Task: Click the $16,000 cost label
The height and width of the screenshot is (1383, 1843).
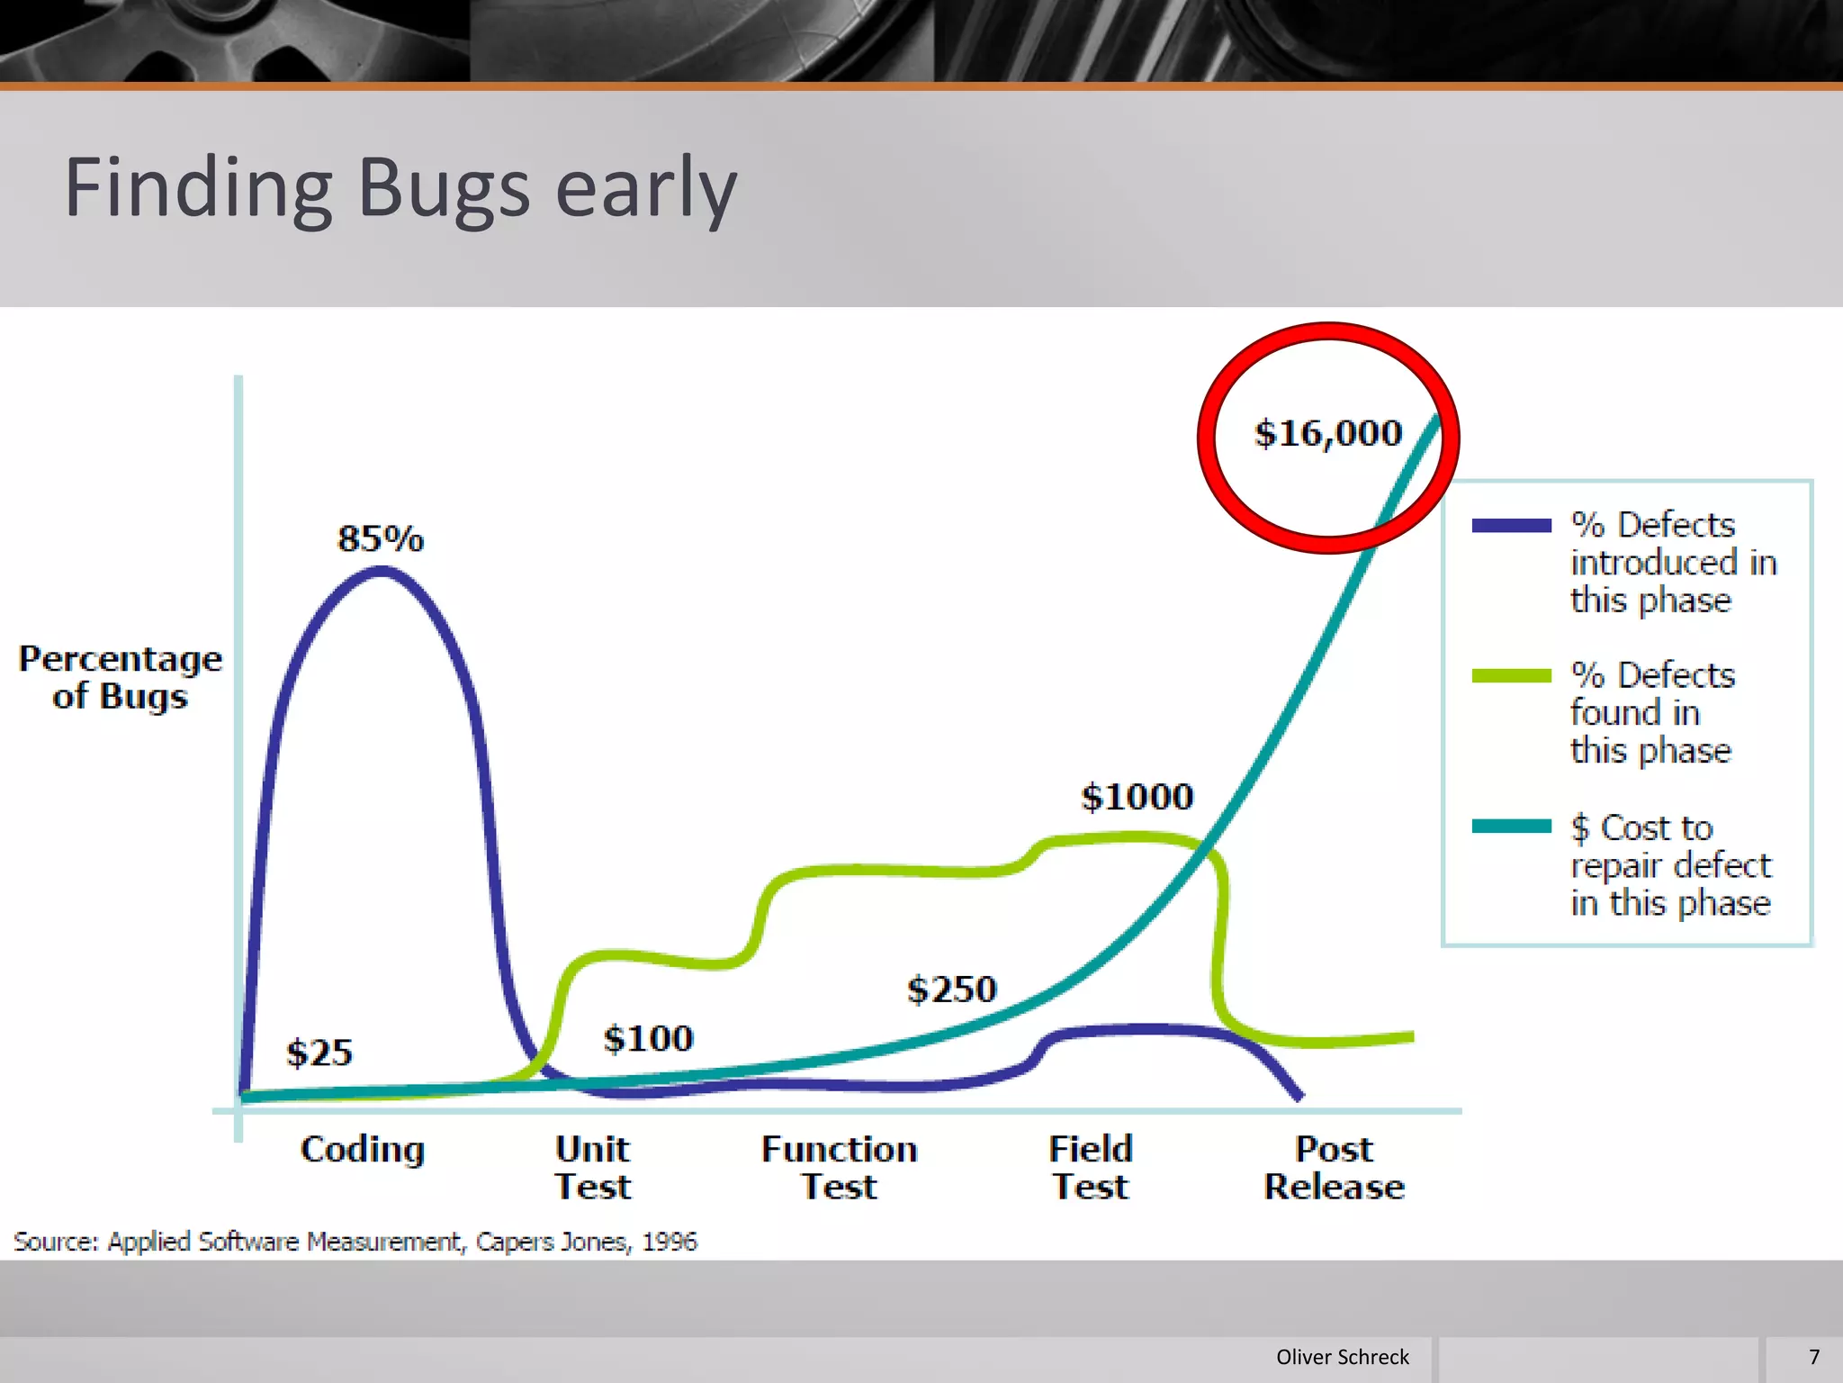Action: point(1328,434)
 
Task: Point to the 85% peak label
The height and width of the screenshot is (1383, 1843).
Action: point(381,538)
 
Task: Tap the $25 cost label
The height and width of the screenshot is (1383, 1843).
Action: point(319,1053)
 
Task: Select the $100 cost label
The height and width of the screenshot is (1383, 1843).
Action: point(648,1038)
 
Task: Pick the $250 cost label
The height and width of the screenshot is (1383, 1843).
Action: point(952,990)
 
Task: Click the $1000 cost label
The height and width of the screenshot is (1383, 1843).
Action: point(1137,797)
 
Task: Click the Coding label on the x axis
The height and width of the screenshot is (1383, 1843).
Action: point(363,1150)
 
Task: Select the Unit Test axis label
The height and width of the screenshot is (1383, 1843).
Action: point(592,1168)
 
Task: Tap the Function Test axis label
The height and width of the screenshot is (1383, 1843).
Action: point(839,1168)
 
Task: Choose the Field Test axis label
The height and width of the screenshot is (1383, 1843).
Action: point(1091,1168)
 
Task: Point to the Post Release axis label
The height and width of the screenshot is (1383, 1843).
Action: point(1334,1168)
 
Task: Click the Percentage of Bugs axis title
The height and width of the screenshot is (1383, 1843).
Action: point(121,677)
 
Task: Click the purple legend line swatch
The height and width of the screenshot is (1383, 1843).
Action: point(1511,526)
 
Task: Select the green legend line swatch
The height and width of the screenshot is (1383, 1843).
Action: point(1511,676)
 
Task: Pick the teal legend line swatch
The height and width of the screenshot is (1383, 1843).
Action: point(1511,827)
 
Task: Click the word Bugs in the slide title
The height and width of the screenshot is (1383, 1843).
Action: point(444,188)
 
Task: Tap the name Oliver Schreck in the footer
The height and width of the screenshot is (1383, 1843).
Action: point(1342,1357)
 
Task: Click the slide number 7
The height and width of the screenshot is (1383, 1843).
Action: point(1814,1357)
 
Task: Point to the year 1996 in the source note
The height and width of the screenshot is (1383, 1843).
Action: point(670,1242)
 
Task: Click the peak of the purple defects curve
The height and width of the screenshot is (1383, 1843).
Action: point(382,569)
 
